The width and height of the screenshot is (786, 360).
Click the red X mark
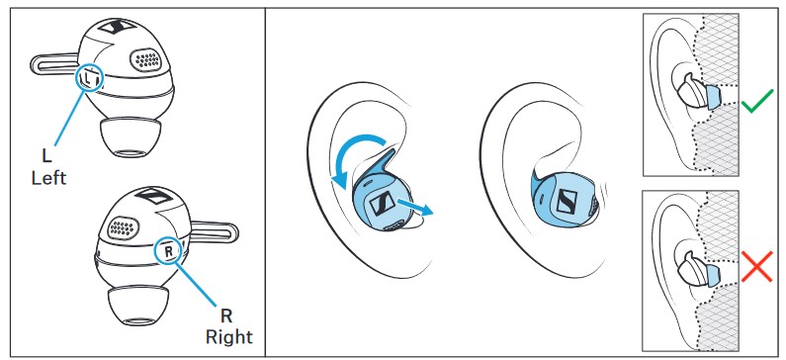757,266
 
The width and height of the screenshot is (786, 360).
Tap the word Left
48,177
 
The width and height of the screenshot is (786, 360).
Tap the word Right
229,336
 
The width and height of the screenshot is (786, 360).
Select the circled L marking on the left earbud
89,78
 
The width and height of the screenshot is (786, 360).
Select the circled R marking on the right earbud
168,250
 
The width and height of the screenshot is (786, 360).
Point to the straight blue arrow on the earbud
414,207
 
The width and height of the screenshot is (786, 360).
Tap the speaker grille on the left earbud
146,59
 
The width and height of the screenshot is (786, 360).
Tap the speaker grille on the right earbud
122,227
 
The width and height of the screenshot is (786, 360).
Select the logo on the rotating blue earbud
381,203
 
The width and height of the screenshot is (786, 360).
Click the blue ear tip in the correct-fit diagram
712,96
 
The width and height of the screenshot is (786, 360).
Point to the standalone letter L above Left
46,156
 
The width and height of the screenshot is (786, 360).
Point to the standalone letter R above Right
226,315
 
